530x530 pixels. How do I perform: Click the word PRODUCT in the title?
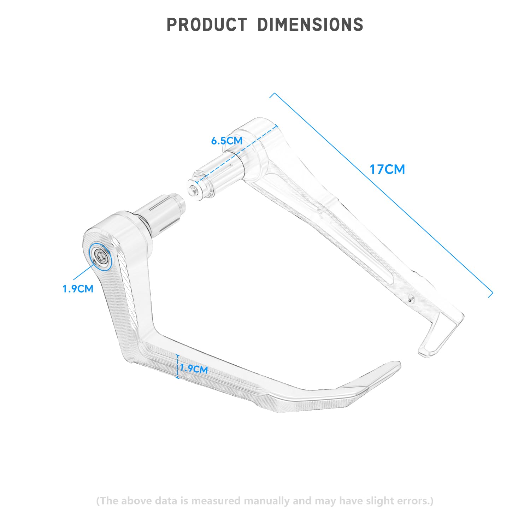207,25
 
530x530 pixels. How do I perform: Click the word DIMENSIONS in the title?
310,25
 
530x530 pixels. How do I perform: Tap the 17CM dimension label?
387,170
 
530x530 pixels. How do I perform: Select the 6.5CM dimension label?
227,141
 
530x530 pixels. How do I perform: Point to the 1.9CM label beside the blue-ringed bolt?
78,289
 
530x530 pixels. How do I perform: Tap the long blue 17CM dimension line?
381,195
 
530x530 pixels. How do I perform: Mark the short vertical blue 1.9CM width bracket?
178,367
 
